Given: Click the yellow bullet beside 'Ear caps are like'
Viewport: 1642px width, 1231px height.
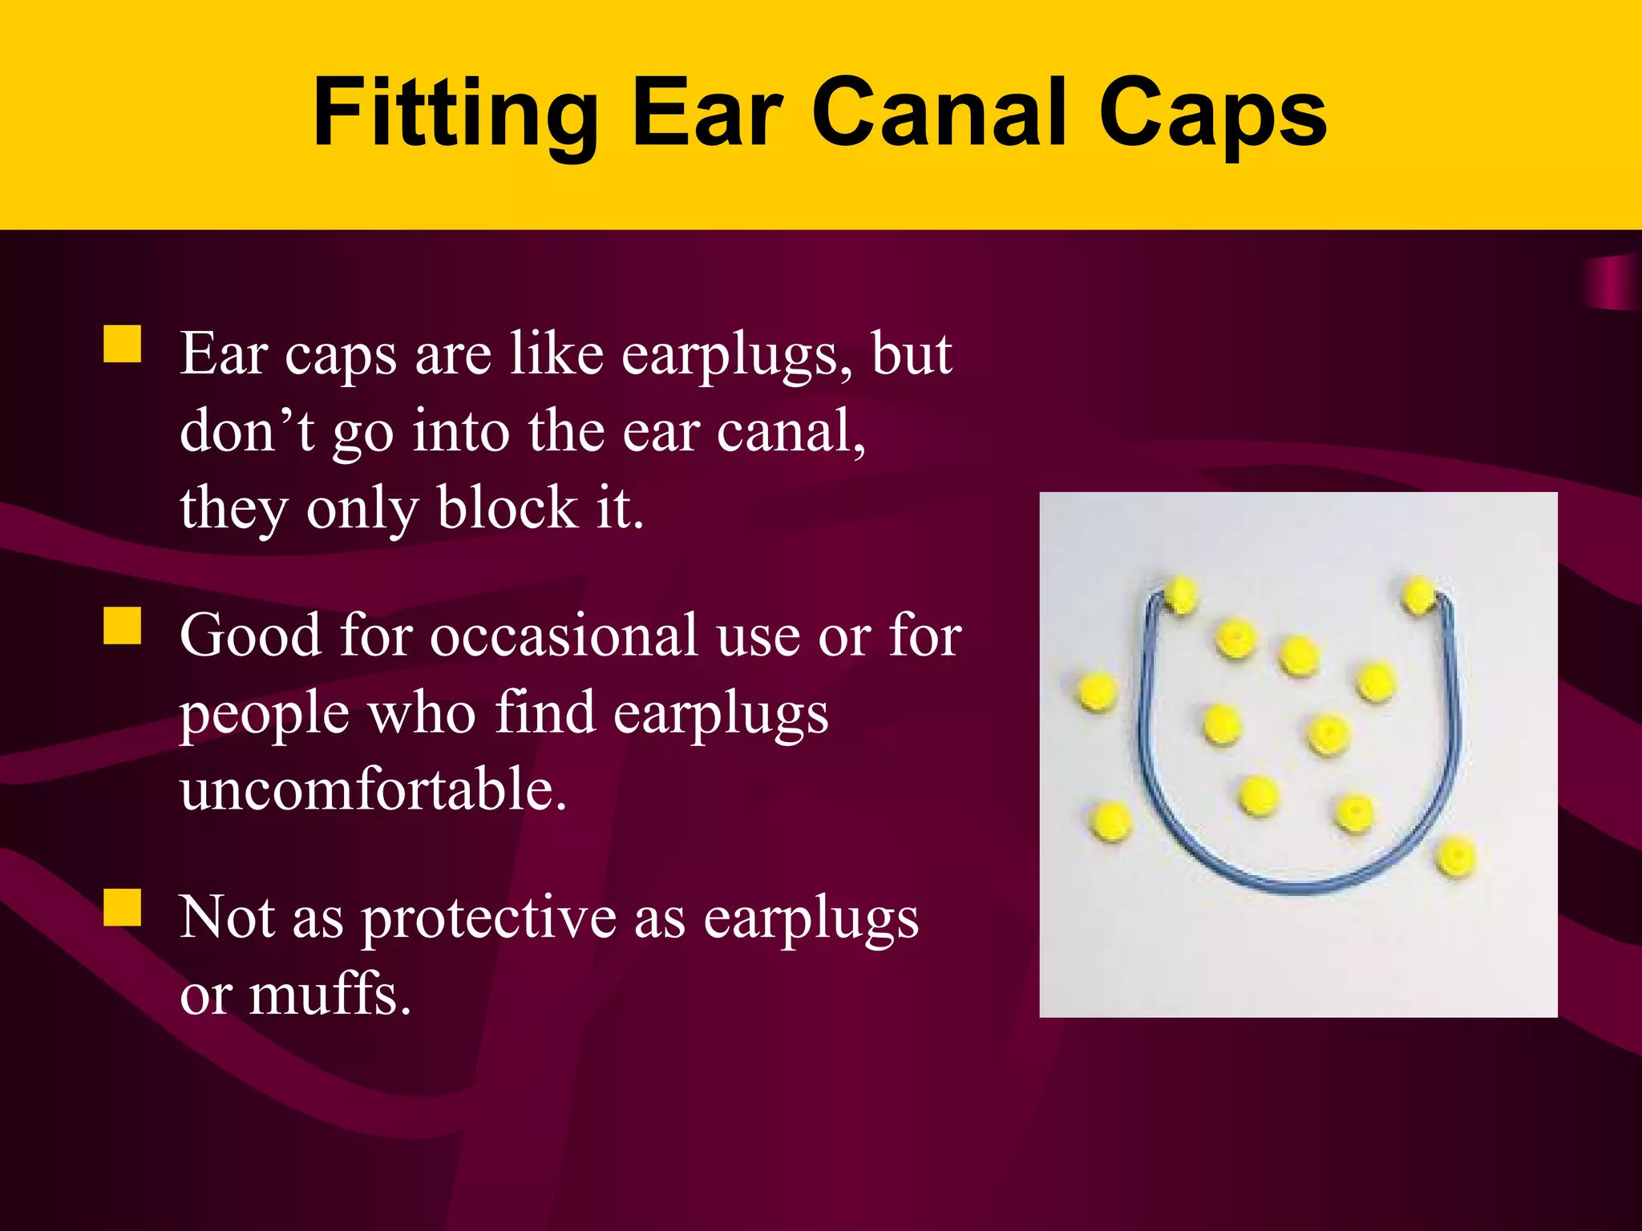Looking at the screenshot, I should tap(123, 345).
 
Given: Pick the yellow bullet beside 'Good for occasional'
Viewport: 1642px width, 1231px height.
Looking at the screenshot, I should tap(123, 626).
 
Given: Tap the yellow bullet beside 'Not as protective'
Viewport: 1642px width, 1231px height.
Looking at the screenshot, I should tap(123, 908).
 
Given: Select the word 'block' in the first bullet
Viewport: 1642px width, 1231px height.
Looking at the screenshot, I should tap(507, 508).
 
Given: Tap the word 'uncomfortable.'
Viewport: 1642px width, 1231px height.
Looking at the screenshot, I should tap(374, 789).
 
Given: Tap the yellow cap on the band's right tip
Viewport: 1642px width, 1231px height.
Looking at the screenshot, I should tap(1419, 595).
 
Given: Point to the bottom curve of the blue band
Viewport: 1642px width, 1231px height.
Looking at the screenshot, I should tap(1299, 883).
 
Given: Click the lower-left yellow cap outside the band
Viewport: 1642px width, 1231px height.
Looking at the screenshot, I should tap(1111, 821).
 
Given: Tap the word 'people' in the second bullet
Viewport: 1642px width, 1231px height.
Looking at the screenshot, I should tap(264, 713).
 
